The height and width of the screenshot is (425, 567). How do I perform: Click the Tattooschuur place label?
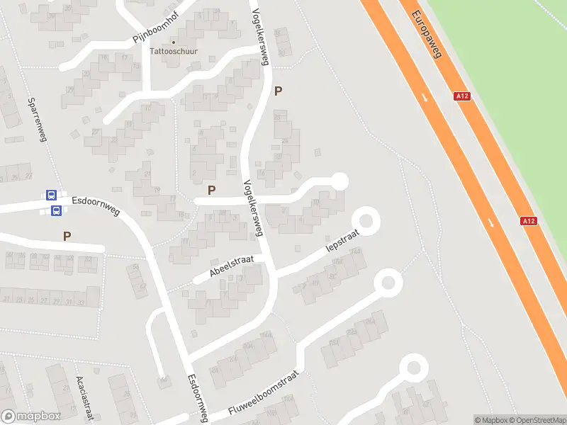[174, 52]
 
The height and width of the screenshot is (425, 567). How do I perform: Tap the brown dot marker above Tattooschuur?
[174, 42]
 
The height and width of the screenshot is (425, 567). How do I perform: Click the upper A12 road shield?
[462, 96]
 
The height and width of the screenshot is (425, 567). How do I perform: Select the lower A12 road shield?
[529, 221]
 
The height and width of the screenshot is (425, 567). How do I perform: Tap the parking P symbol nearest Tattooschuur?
[279, 91]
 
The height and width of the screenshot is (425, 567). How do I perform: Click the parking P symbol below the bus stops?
[67, 236]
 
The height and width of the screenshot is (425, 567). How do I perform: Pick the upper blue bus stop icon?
[51, 195]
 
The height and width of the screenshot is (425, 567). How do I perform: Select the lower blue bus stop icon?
[56, 210]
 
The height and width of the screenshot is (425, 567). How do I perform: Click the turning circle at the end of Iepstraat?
[366, 220]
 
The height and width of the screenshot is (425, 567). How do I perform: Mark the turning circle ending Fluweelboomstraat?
[388, 283]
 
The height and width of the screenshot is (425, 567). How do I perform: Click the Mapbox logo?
[30, 416]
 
